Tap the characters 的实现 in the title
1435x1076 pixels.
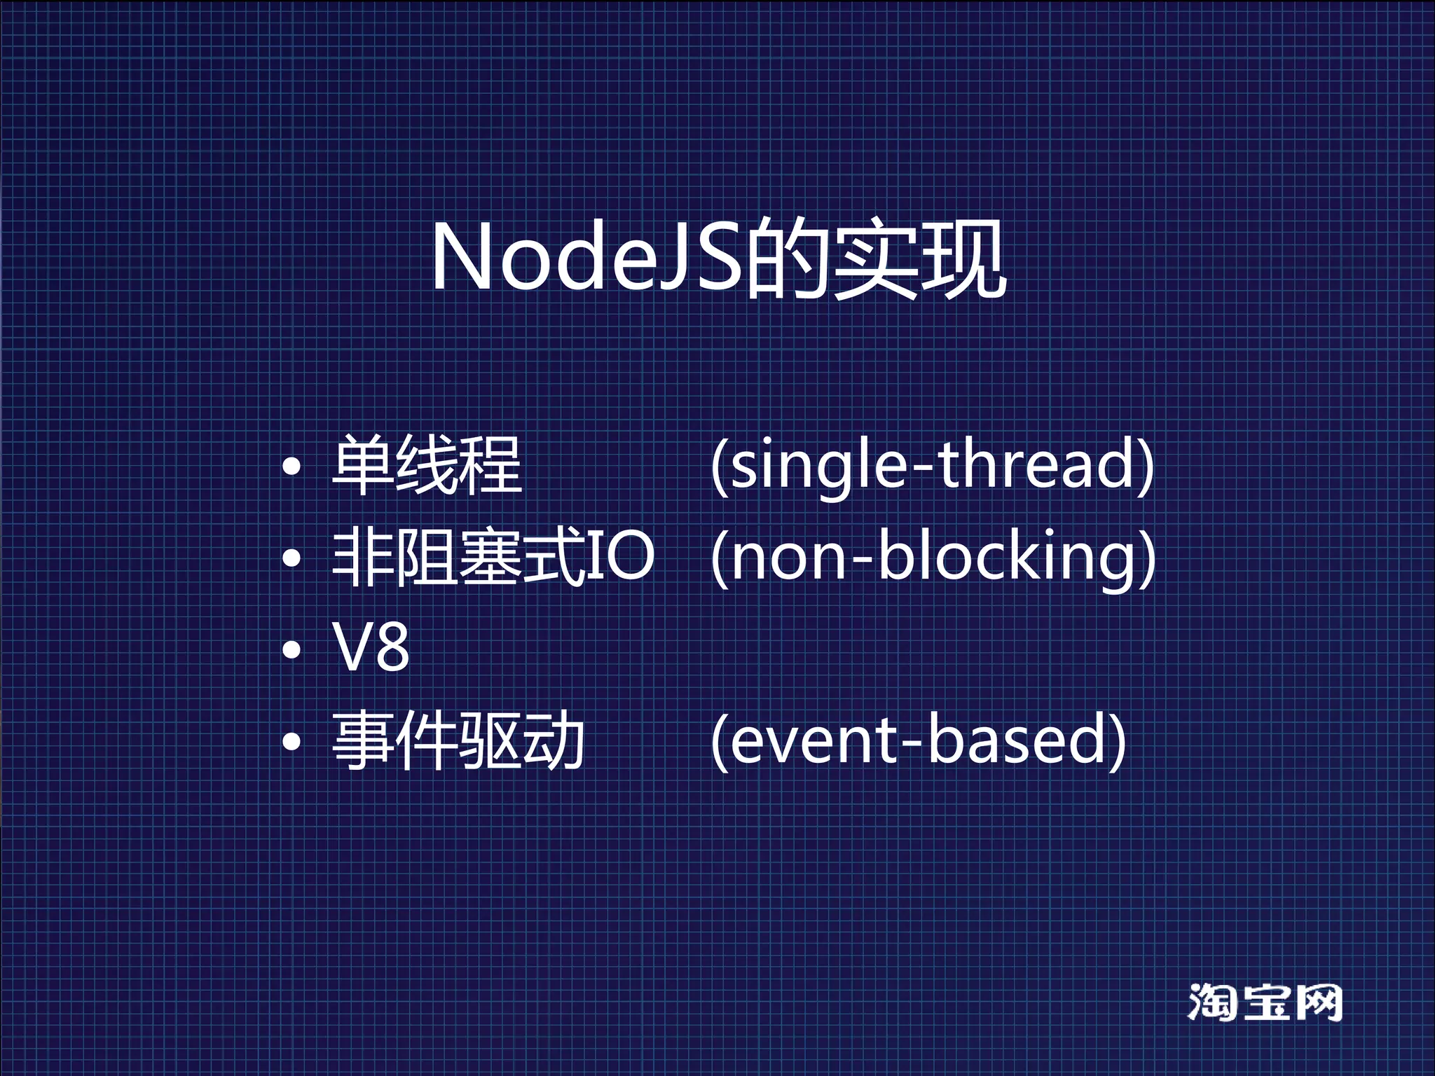tap(876, 259)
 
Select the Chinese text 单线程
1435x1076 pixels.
tap(426, 464)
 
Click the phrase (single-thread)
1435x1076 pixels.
tap(932, 465)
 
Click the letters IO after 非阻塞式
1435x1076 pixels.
tap(620, 556)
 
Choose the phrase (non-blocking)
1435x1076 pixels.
tap(933, 558)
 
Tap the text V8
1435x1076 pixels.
tap(371, 648)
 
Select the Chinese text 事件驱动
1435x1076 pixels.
tap(458, 741)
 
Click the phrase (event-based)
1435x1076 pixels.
tap(918, 741)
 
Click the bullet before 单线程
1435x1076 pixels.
tap(291, 467)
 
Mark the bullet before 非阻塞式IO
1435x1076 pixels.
tap(291, 558)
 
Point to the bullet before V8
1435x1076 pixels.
tap(291, 650)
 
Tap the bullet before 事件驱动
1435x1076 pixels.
tap(291, 742)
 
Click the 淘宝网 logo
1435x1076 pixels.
tap(1265, 1002)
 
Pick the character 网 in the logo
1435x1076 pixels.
tap(1317, 1002)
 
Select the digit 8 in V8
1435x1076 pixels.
tap(391, 648)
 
